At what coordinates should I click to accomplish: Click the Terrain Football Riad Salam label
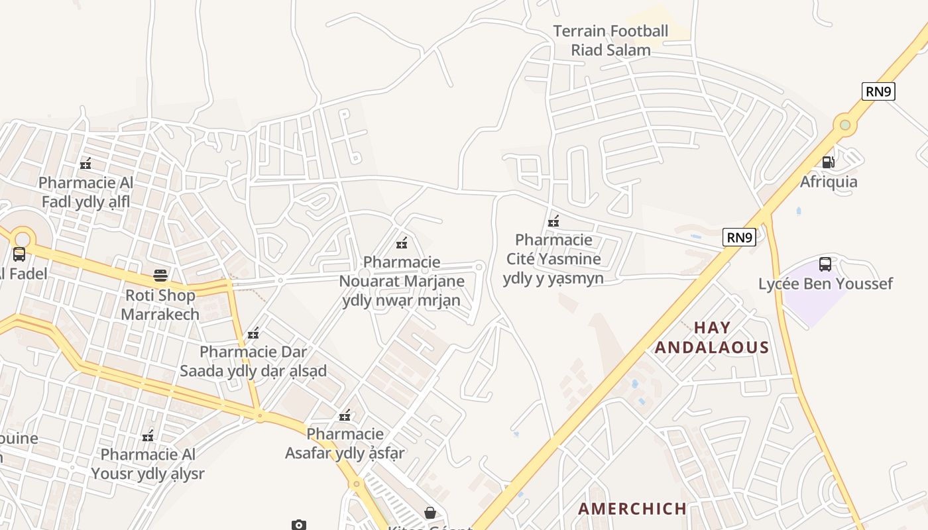point(610,40)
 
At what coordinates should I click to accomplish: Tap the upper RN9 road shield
point(878,91)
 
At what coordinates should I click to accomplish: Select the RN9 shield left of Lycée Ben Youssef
point(739,237)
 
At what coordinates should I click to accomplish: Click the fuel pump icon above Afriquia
point(828,162)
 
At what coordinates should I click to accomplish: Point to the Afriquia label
point(829,182)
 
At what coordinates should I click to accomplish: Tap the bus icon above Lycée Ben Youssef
point(825,264)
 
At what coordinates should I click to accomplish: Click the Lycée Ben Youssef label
point(825,284)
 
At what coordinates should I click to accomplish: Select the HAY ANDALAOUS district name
point(712,337)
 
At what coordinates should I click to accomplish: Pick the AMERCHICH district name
point(632,509)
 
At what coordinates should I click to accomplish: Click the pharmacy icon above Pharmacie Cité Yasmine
point(553,221)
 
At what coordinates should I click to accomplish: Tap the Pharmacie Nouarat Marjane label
point(402,282)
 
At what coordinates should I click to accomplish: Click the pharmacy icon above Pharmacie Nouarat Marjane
point(402,243)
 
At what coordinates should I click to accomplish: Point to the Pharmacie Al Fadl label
point(86,192)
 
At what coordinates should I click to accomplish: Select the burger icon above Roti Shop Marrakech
point(160,275)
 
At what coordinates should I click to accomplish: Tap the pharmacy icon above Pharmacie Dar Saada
point(253,333)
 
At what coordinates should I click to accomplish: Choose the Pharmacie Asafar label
point(345,443)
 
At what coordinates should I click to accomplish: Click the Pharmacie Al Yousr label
point(148,464)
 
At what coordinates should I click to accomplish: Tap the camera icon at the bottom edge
point(299,525)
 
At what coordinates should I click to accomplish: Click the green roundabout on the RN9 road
point(844,124)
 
